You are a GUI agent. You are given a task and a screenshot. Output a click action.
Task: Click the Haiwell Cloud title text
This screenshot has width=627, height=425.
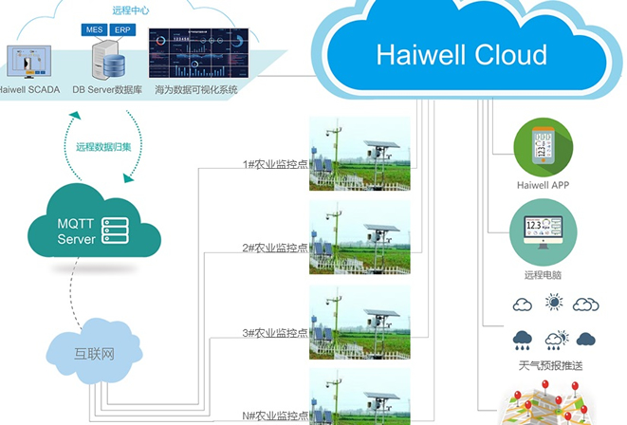(x=461, y=54)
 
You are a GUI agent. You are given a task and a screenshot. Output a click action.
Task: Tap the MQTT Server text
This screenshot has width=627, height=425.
(x=76, y=232)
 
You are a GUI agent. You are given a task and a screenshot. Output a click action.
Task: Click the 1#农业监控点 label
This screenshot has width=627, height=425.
(x=275, y=162)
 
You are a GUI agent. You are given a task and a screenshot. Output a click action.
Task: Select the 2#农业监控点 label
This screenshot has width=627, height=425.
(x=275, y=248)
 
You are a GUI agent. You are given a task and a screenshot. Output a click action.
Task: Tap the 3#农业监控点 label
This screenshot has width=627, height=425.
(x=275, y=332)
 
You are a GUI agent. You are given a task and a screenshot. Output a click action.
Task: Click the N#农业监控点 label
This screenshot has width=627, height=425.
(x=275, y=416)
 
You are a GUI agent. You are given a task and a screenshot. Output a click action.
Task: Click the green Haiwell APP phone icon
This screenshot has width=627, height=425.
(x=543, y=148)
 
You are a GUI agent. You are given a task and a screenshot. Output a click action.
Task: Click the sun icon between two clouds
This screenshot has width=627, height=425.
(x=553, y=303)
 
